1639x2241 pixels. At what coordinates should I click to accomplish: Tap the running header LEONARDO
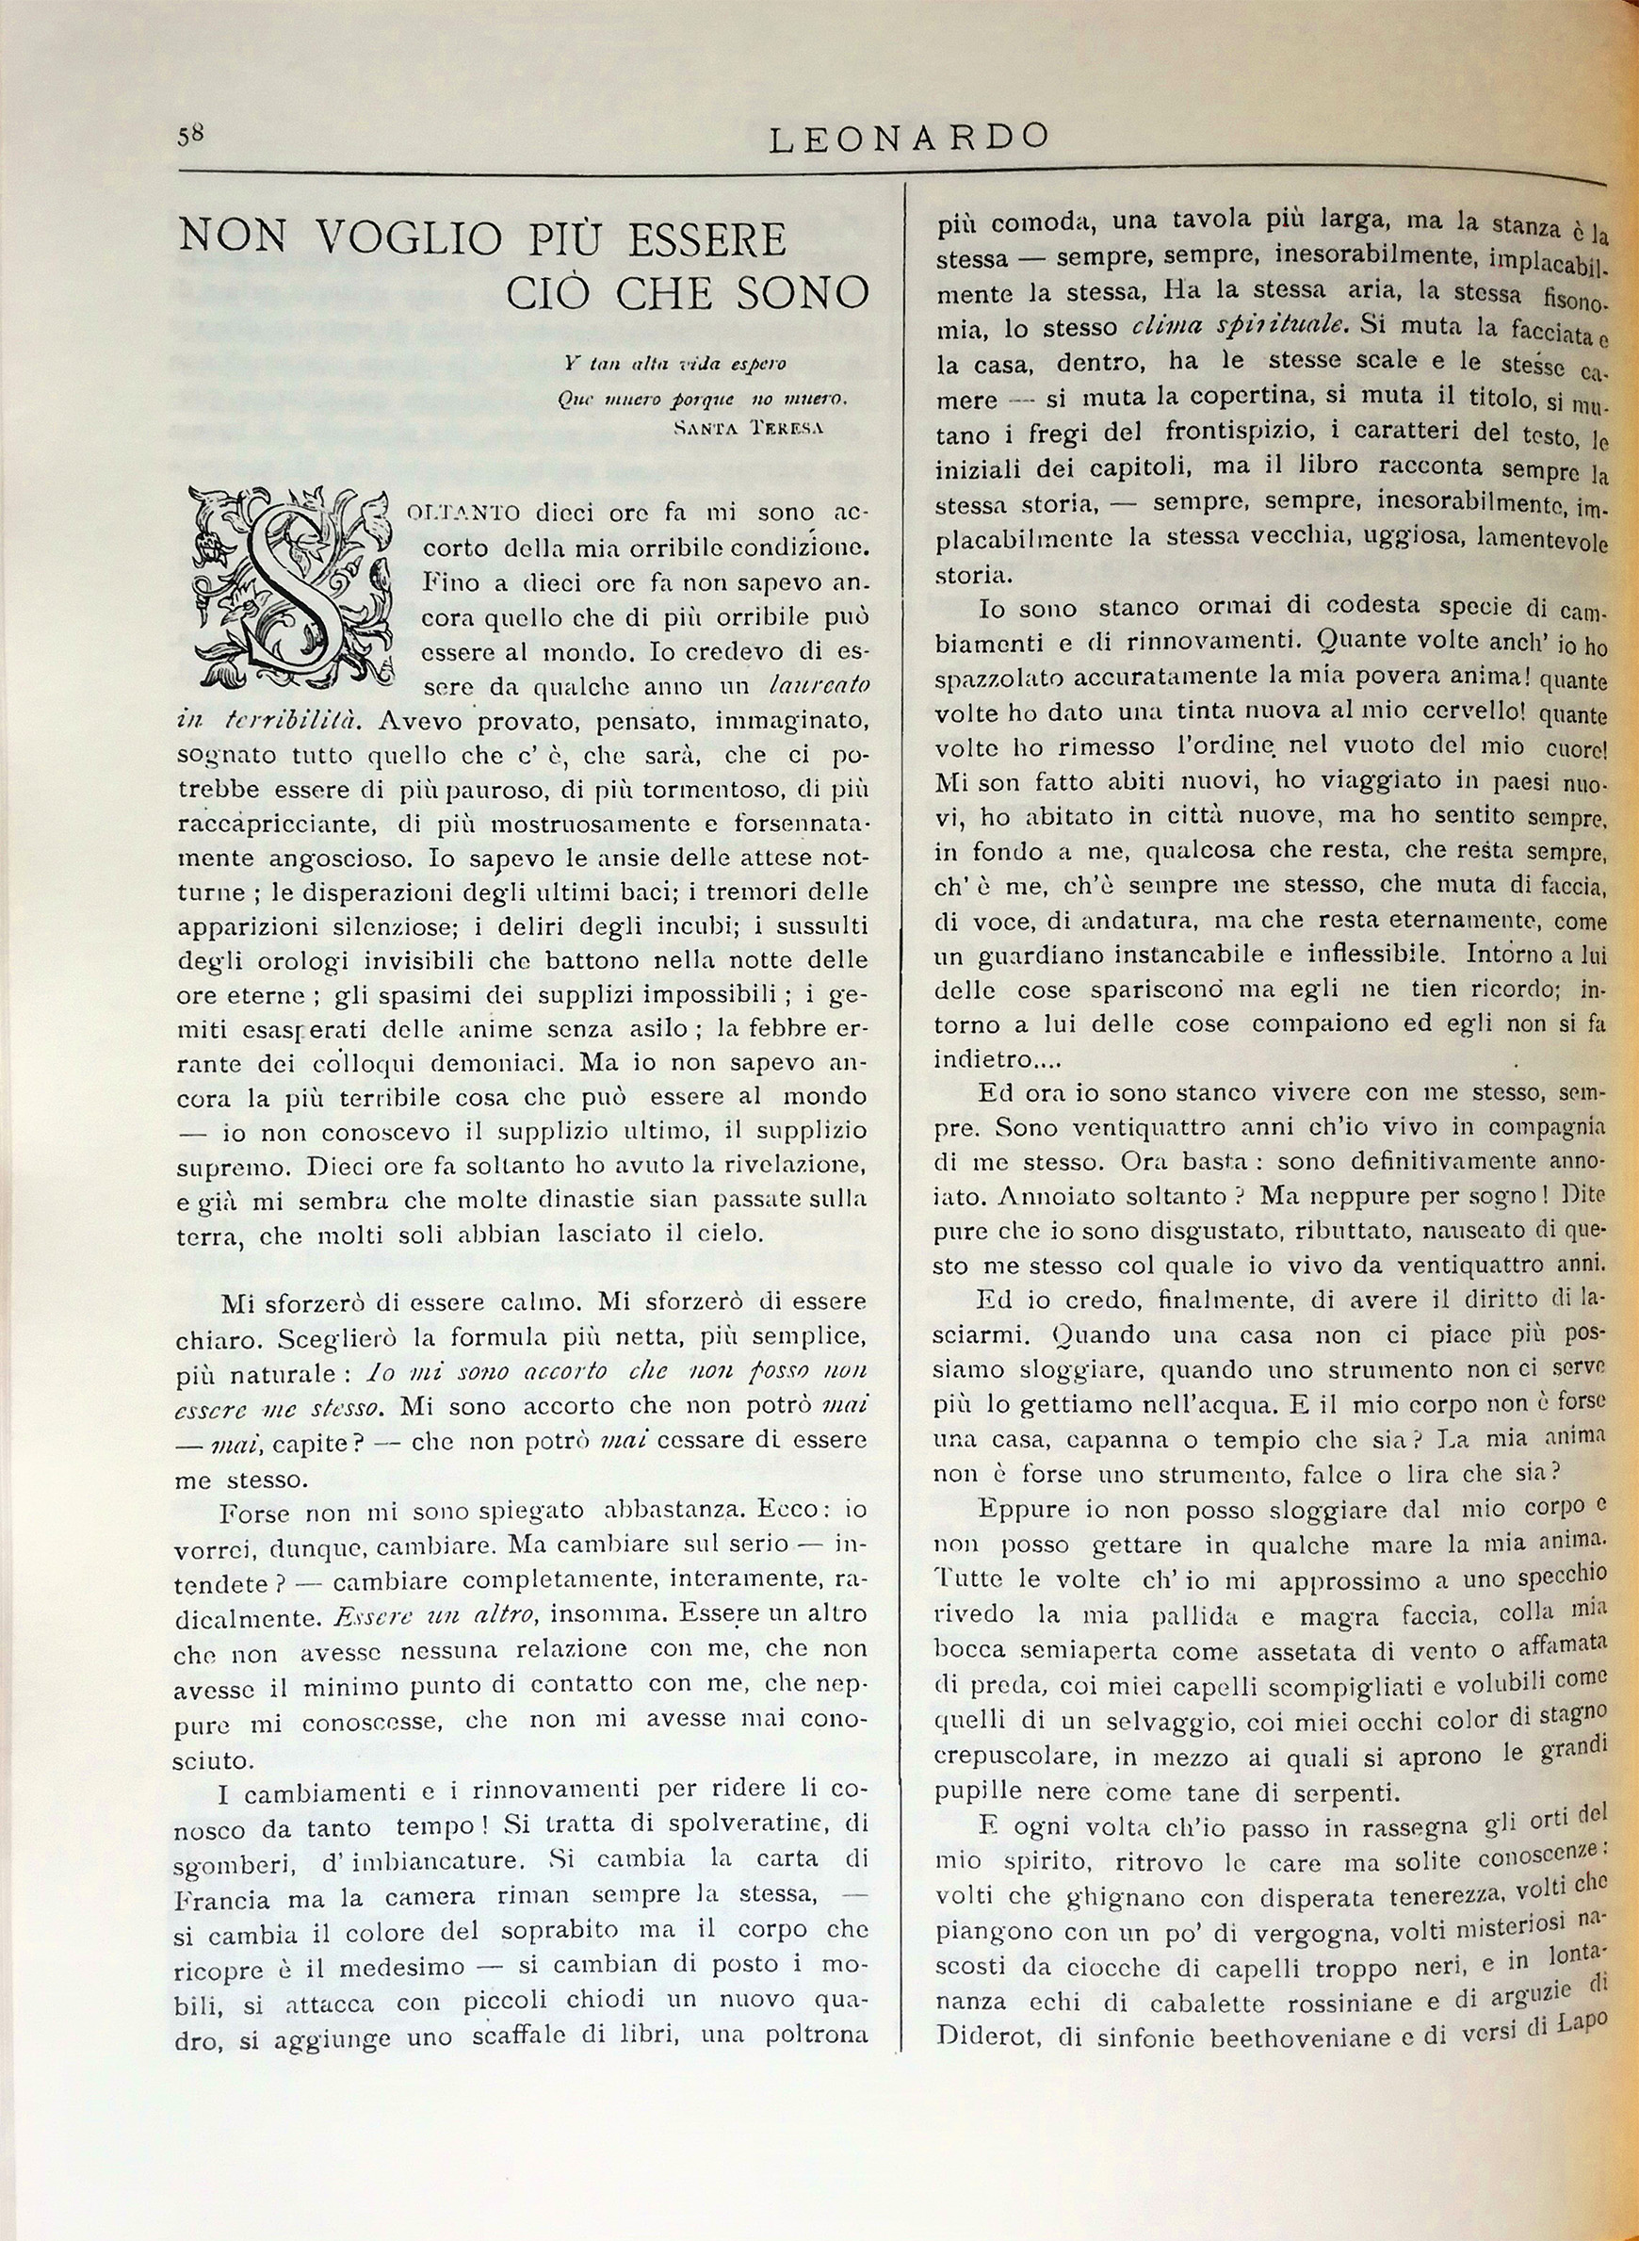(x=909, y=139)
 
